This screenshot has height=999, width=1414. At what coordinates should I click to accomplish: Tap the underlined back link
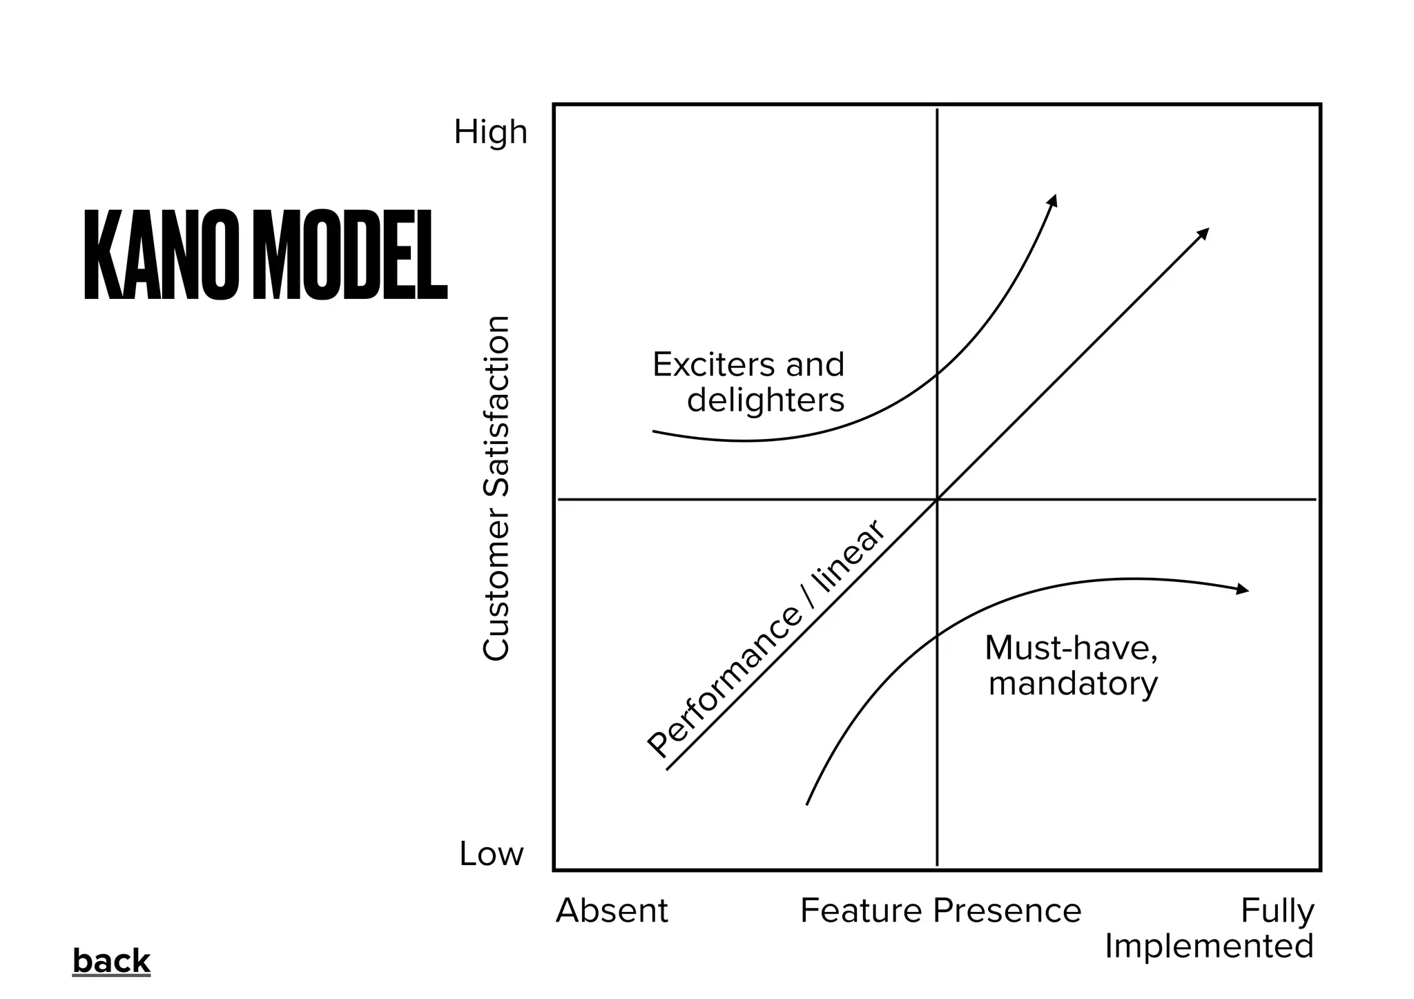coord(111,961)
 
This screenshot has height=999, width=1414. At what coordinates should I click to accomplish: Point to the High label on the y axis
coord(490,132)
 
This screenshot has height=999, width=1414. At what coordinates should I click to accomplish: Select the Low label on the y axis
coord(492,854)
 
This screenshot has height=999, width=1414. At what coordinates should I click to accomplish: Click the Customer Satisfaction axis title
coord(496,488)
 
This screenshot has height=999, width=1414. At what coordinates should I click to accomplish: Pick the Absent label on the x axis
coord(612,911)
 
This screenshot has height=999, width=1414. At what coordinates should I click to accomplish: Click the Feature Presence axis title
coord(940,911)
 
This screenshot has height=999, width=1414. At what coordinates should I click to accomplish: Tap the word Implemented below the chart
coord(1209,946)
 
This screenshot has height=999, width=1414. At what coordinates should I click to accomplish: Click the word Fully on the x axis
coord(1277,911)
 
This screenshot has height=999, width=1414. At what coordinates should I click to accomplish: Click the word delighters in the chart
coord(766,400)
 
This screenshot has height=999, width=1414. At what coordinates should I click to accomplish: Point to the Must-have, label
coord(1072,648)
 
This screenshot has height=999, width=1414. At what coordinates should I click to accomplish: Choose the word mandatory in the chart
coord(1073,683)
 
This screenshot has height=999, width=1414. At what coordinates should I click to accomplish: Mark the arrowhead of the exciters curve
coord(1053,200)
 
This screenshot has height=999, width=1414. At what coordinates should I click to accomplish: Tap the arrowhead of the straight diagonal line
coord(1203,233)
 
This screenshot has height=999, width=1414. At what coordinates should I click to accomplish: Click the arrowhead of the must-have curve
coord(1243,590)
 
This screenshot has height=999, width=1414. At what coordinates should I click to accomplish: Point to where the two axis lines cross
coord(937,498)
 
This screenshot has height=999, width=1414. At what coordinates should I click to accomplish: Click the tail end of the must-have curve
coord(807,804)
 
